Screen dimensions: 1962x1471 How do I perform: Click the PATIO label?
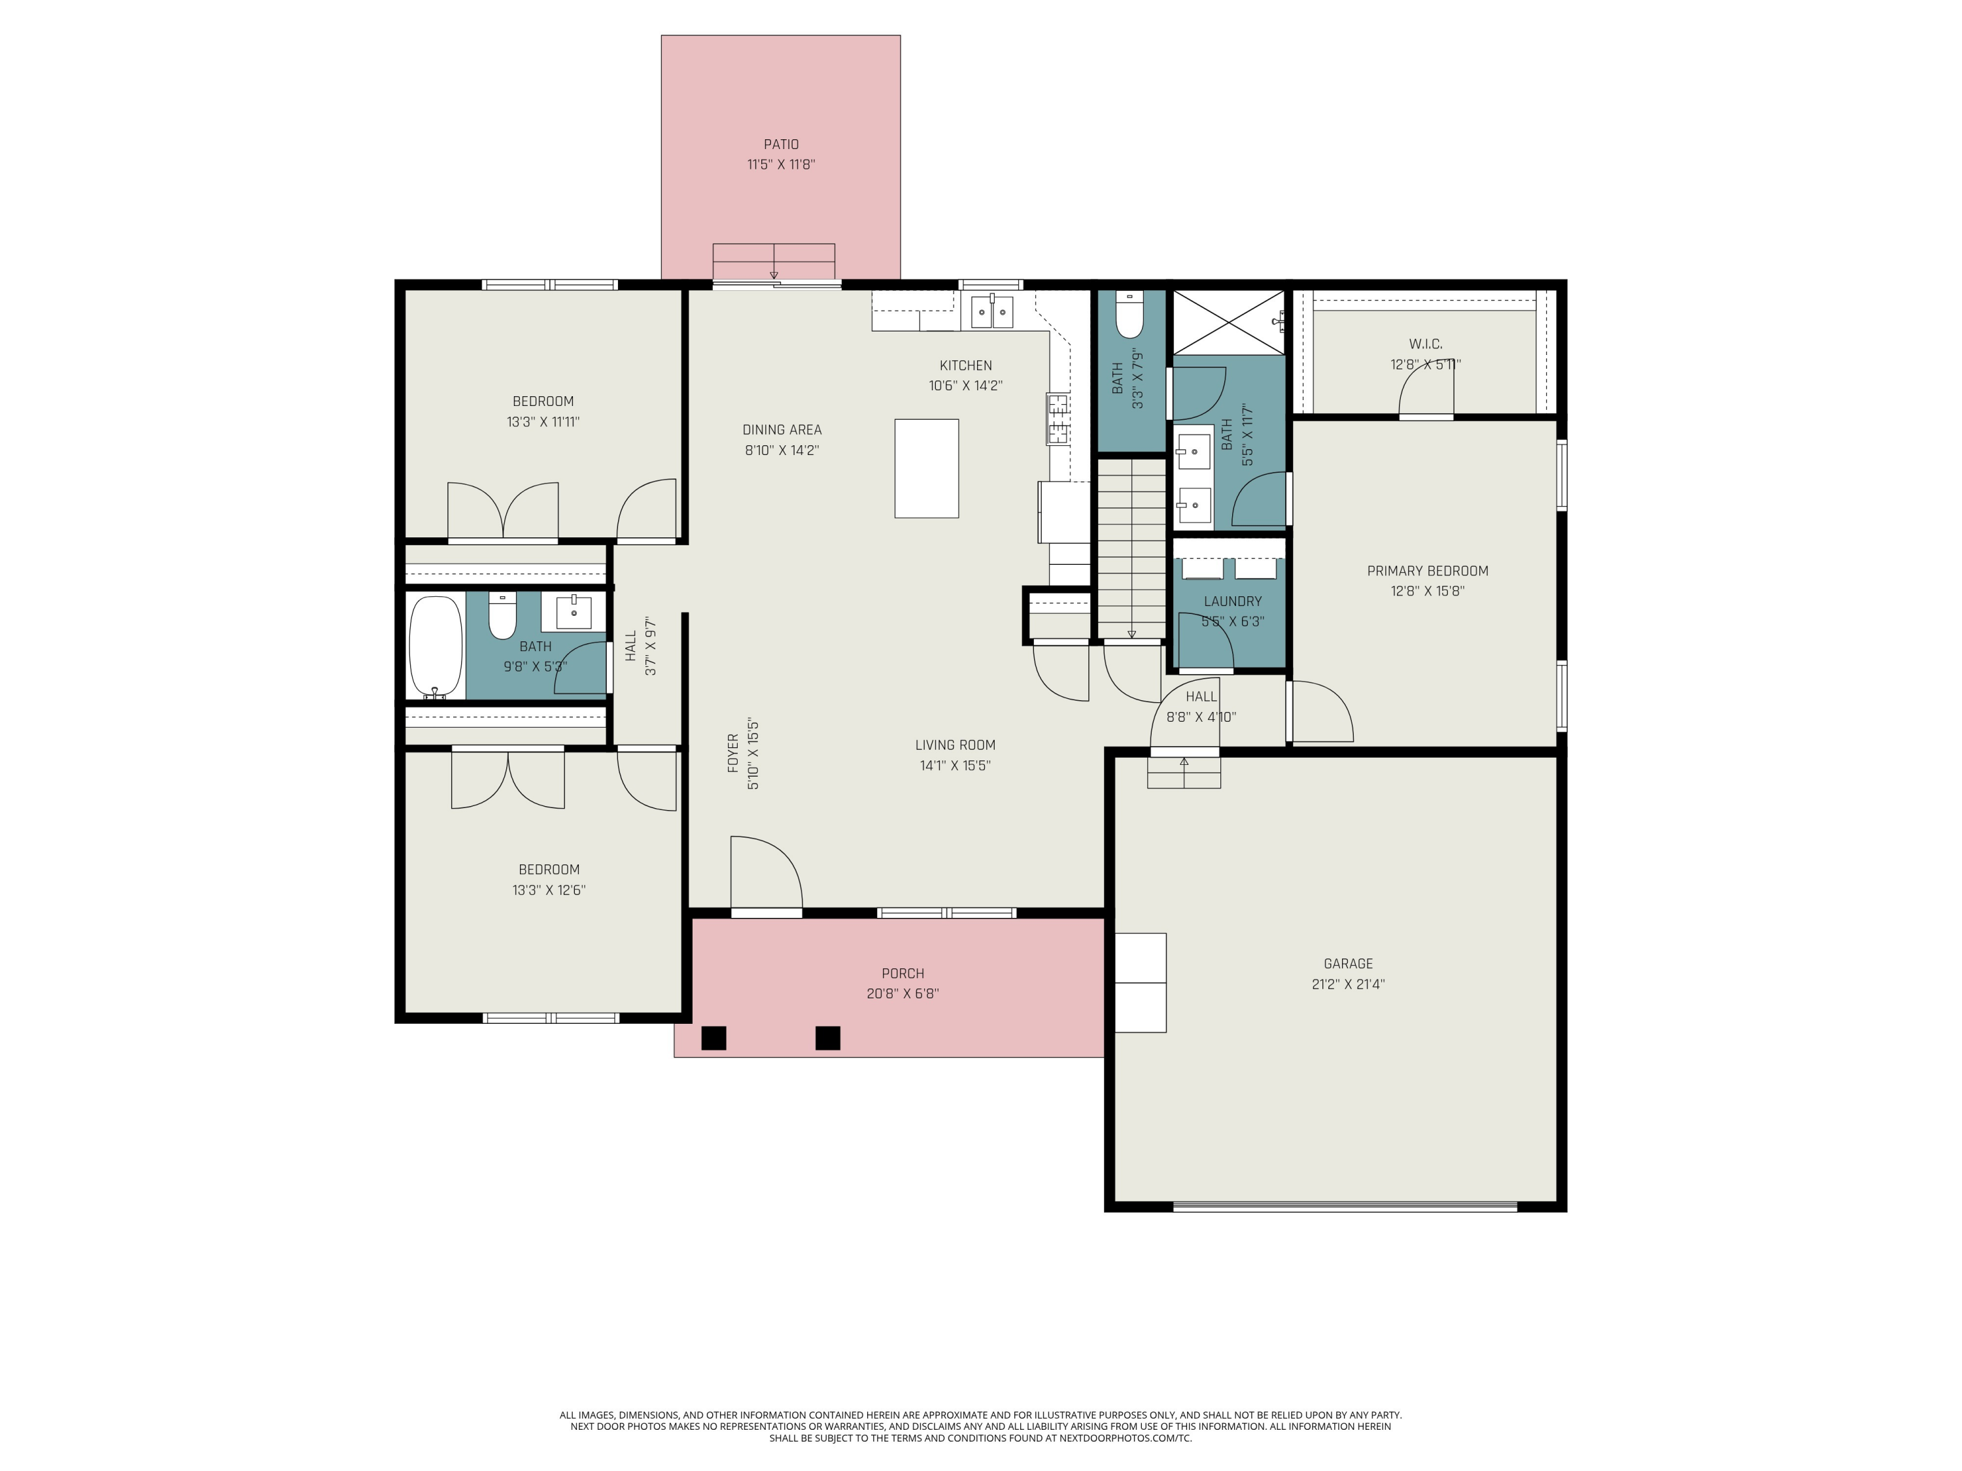pyautogui.click(x=782, y=144)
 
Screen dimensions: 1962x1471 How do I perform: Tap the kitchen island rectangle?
pyautogui.click(x=926, y=468)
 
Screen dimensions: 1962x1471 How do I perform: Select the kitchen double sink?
pyautogui.click(x=991, y=311)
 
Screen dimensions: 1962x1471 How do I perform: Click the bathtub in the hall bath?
pyautogui.click(x=436, y=647)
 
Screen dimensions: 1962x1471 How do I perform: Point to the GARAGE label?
pyautogui.click(x=1348, y=964)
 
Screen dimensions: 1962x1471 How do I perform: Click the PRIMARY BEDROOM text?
pyautogui.click(x=1427, y=571)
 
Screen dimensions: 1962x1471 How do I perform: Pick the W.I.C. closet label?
pyautogui.click(x=1425, y=344)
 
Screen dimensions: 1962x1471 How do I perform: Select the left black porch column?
pyautogui.click(x=714, y=1038)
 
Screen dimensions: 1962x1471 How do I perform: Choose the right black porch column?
pyautogui.click(x=827, y=1038)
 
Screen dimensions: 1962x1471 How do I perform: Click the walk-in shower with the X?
pyautogui.click(x=1228, y=322)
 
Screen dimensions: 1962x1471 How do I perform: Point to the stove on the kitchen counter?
pyautogui.click(x=1058, y=418)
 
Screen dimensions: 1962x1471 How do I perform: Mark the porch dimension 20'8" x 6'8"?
pyautogui.click(x=903, y=994)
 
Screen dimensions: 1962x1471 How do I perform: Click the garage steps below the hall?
pyautogui.click(x=1184, y=772)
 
